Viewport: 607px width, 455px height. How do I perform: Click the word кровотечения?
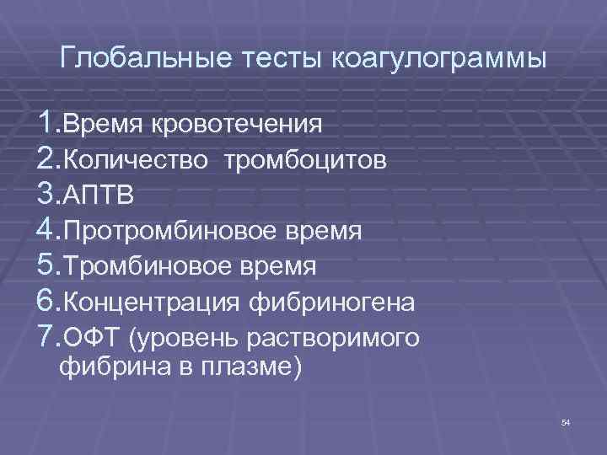[x=237, y=125]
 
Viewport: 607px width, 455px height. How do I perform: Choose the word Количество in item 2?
[x=135, y=160]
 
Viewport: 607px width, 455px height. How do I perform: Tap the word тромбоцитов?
[x=305, y=160]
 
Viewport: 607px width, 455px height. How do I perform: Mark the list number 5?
[x=47, y=267]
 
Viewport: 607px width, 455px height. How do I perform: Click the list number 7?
[x=47, y=338]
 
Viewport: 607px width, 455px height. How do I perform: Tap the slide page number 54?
[x=565, y=422]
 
